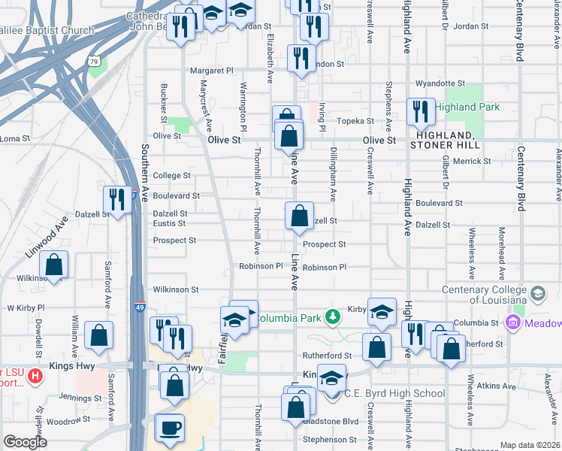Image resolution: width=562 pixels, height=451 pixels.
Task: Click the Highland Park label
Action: (x=467, y=107)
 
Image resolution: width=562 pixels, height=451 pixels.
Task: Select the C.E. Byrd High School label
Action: (x=394, y=393)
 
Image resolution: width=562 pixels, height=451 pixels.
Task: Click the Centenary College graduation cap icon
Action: (x=537, y=293)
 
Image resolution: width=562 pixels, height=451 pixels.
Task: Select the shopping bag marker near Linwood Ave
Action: (x=54, y=265)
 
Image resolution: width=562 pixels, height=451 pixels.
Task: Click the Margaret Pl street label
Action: (x=212, y=71)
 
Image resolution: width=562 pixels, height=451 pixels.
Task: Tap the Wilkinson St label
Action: (x=175, y=289)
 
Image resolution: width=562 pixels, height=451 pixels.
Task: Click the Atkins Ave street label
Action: (x=497, y=387)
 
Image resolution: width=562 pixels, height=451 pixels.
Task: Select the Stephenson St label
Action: (x=328, y=439)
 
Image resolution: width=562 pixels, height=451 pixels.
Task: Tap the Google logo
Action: (x=25, y=441)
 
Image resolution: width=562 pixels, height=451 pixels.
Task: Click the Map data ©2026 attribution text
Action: (x=529, y=445)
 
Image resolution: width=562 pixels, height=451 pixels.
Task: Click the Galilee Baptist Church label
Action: (x=47, y=31)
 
